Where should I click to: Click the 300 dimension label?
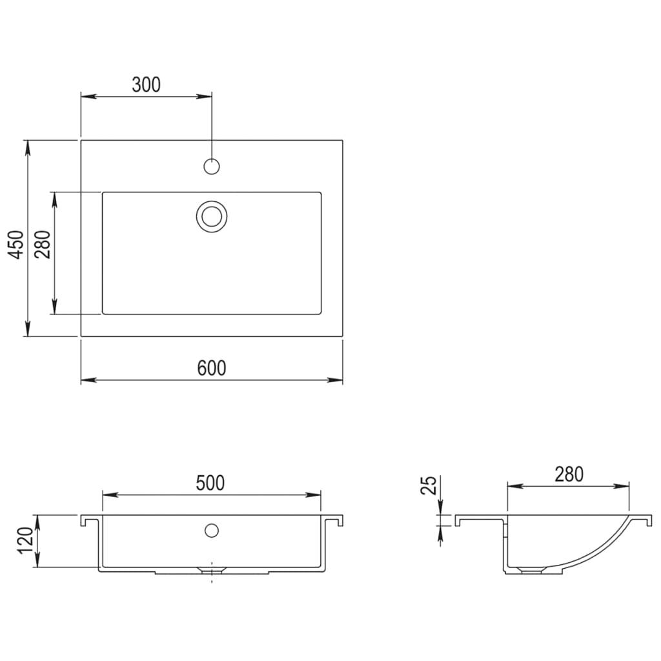pyautogui.click(x=146, y=85)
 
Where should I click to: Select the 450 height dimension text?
pyautogui.click(x=17, y=244)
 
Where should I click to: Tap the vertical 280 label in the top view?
pyautogui.click(x=43, y=244)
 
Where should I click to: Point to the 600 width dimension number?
pyautogui.click(x=212, y=368)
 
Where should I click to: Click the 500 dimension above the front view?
pyautogui.click(x=210, y=483)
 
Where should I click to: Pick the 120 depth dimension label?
pyautogui.click(x=25, y=541)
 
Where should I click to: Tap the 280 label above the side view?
pyautogui.click(x=568, y=474)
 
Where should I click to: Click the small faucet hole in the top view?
pyautogui.click(x=212, y=166)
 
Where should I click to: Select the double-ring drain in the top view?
pyautogui.click(x=212, y=215)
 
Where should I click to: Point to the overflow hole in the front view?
pyautogui.click(x=211, y=531)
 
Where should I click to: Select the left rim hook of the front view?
pyautogui.click(x=84, y=520)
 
